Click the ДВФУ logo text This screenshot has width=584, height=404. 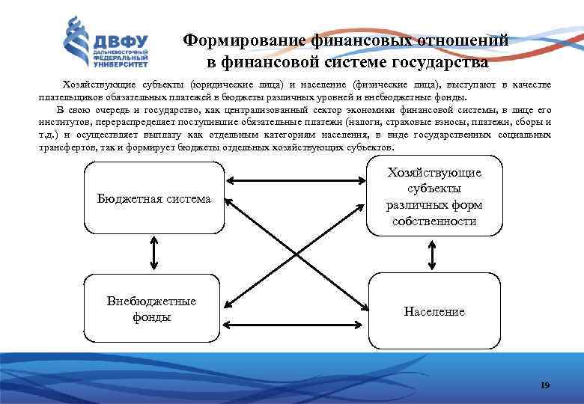[x=120, y=40]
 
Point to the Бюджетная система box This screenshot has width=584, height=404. [x=153, y=199]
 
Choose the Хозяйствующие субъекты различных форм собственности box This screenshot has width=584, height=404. [x=434, y=197]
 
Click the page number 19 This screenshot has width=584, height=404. [x=544, y=385]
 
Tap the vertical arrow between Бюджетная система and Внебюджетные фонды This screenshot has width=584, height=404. [x=154, y=253]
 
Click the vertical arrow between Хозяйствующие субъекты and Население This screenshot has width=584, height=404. [x=434, y=255]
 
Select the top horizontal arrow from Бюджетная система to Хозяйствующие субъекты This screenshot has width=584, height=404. [x=297, y=180]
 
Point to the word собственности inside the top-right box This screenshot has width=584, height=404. [x=434, y=221]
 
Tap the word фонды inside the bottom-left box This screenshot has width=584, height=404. [x=151, y=316]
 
